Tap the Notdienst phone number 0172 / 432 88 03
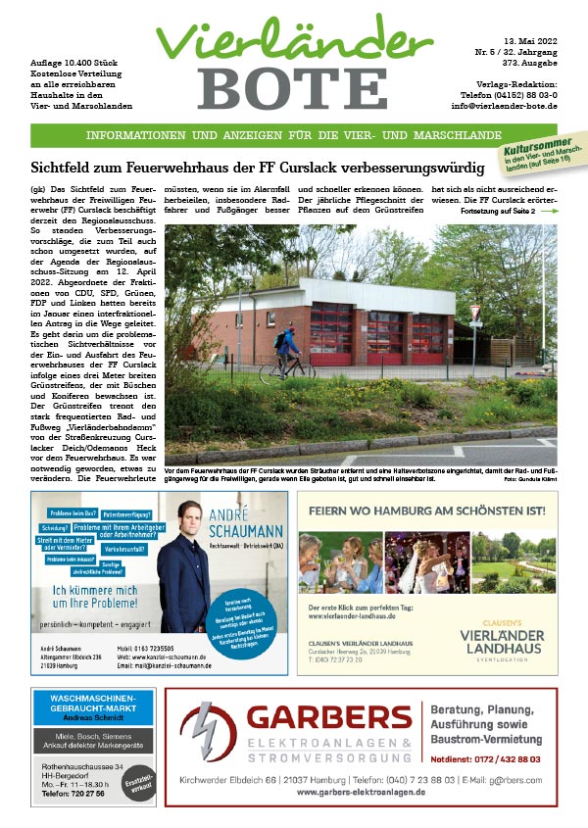tap(508, 758)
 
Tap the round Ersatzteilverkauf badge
tap(136, 784)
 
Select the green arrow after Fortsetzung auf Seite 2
tap(549, 211)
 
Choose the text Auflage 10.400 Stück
tap(70, 62)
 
